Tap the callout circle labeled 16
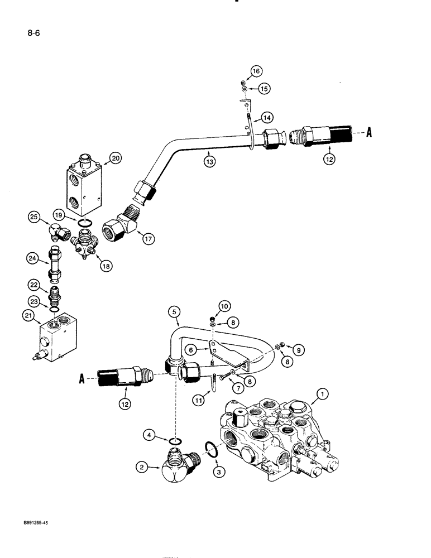click(256, 71)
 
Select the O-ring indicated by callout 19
click(85, 223)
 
